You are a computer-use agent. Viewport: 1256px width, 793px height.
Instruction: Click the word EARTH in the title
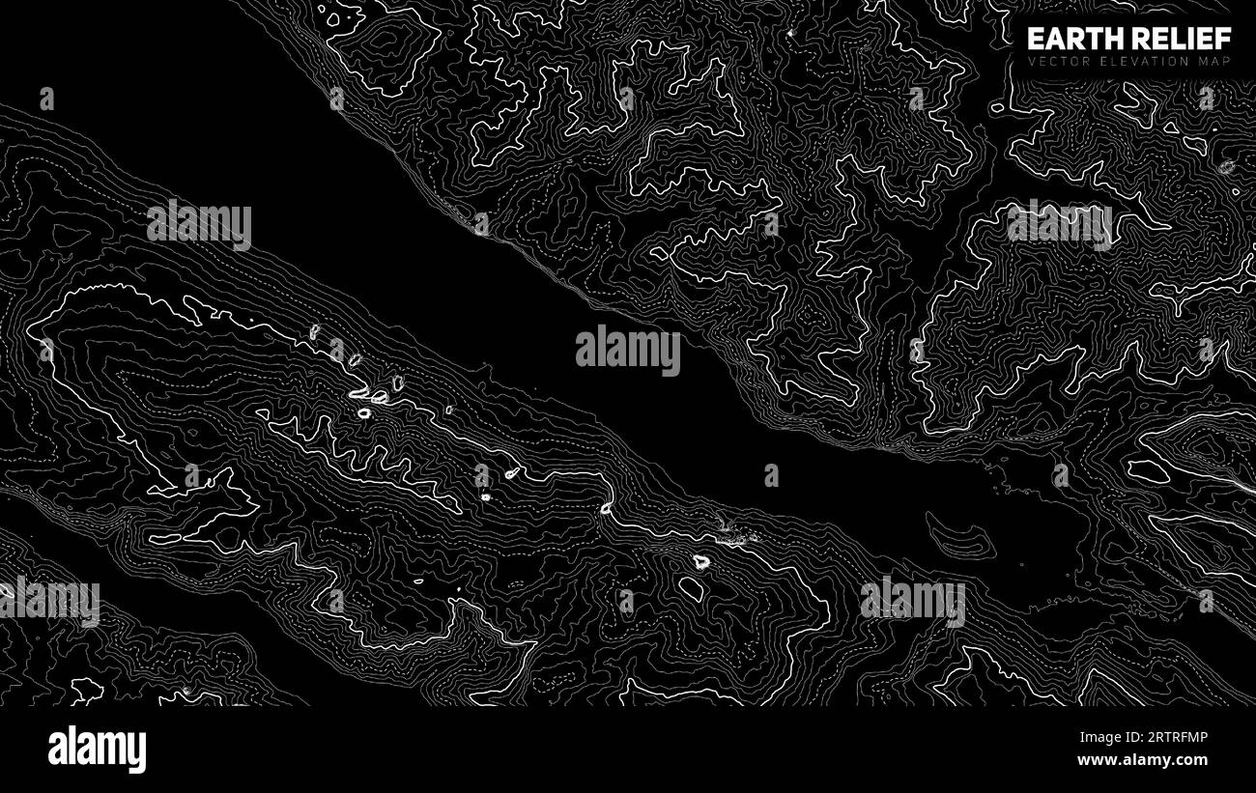(1070, 39)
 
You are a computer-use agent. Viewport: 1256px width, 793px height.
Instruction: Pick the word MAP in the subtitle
(1215, 62)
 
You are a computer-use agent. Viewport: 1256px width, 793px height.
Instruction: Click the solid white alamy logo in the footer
(97, 750)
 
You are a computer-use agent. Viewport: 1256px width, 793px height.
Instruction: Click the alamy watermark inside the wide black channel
(628, 351)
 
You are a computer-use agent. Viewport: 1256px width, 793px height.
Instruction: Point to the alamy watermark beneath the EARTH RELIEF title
(1059, 225)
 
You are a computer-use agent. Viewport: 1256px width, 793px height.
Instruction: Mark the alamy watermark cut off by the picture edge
(48, 601)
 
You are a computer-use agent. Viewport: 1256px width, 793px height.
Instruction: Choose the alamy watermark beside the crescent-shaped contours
(912, 601)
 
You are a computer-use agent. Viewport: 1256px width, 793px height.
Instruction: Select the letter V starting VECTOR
(1032, 62)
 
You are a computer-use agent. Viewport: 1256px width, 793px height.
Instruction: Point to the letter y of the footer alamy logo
(137, 752)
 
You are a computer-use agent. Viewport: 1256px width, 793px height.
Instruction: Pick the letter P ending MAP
(1227, 62)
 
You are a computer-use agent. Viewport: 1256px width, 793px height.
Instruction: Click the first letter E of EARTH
(1035, 39)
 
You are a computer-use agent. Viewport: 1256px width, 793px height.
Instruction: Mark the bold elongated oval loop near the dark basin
(1148, 471)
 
